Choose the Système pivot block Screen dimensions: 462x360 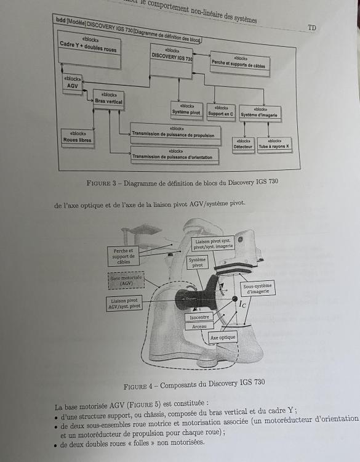(186, 111)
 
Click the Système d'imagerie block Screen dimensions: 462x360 (259, 113)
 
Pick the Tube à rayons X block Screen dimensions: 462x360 (274, 144)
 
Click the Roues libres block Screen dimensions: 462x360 (78, 137)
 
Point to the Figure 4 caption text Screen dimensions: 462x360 (194, 383)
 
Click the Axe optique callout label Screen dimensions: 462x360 (223, 337)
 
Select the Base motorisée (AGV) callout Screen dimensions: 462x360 (126, 280)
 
